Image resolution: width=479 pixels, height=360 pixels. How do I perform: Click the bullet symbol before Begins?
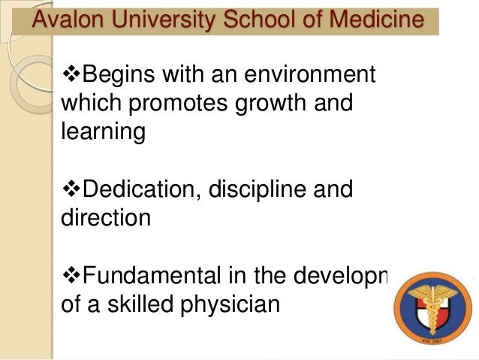(68, 76)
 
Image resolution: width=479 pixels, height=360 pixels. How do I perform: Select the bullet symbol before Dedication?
(68, 189)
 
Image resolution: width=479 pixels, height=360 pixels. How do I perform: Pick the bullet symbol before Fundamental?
(68, 275)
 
